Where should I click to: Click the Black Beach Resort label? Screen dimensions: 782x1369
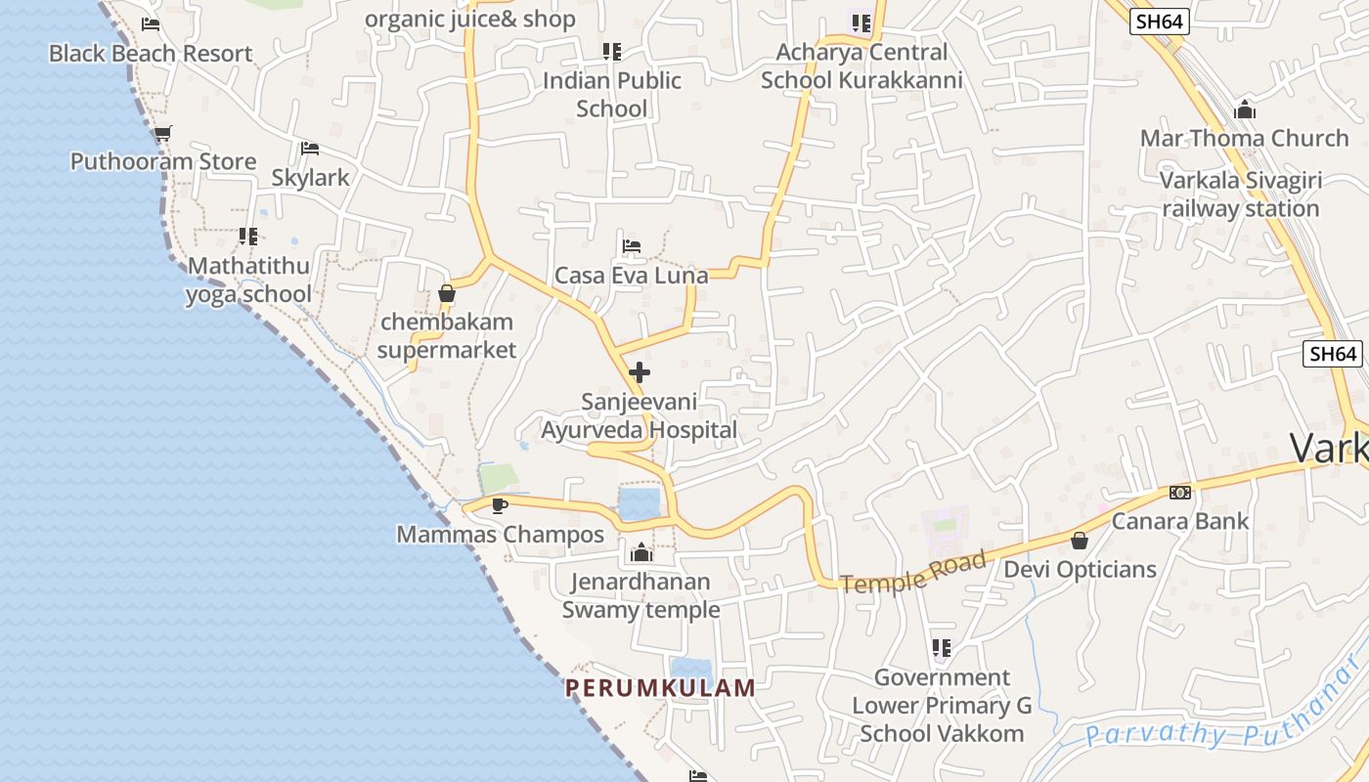coord(151,54)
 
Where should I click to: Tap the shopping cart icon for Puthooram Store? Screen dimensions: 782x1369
coord(162,133)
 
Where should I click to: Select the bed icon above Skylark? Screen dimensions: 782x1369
coord(310,149)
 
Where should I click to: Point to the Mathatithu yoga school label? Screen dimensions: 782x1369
coord(248,280)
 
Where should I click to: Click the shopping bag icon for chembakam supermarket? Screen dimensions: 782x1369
coord(447,293)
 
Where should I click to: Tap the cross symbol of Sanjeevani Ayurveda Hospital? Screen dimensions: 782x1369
coord(640,372)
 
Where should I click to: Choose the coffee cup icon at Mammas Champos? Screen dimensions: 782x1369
coord(500,505)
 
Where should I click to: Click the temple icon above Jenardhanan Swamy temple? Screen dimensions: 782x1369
coord(641,553)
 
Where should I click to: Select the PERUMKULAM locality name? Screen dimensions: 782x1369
coord(660,688)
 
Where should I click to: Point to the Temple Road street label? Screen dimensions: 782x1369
coord(913,573)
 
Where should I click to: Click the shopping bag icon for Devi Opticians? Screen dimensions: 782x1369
coord(1080,541)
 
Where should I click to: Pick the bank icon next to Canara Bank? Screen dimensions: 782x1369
coord(1180,493)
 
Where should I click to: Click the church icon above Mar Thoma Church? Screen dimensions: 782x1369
coord(1245,109)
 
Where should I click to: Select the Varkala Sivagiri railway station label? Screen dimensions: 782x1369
coord(1241,195)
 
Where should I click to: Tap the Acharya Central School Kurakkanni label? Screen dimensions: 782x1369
coord(861,66)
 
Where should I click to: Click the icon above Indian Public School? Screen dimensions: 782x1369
coord(612,51)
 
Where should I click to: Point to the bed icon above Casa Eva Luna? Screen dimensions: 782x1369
coord(632,246)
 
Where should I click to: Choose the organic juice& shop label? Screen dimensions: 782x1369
coord(470,20)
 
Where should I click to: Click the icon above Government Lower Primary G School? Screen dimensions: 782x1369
coord(942,648)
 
